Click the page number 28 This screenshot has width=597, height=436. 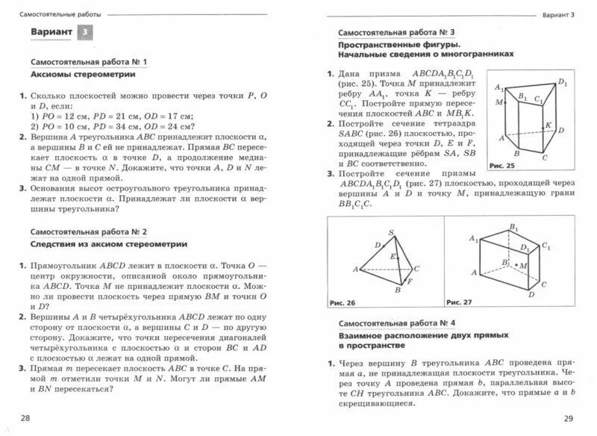point(26,417)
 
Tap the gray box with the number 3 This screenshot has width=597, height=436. point(88,32)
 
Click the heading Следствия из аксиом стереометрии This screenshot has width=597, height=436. point(109,244)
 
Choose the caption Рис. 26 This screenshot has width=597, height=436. point(343,302)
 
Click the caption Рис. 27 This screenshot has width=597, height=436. point(459,302)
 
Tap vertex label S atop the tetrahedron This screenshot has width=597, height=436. point(381,232)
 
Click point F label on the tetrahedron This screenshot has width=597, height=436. point(410,281)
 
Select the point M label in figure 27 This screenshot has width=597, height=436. point(522,265)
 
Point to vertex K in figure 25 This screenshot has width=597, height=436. point(548,125)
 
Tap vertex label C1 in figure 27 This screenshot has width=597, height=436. point(547,246)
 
